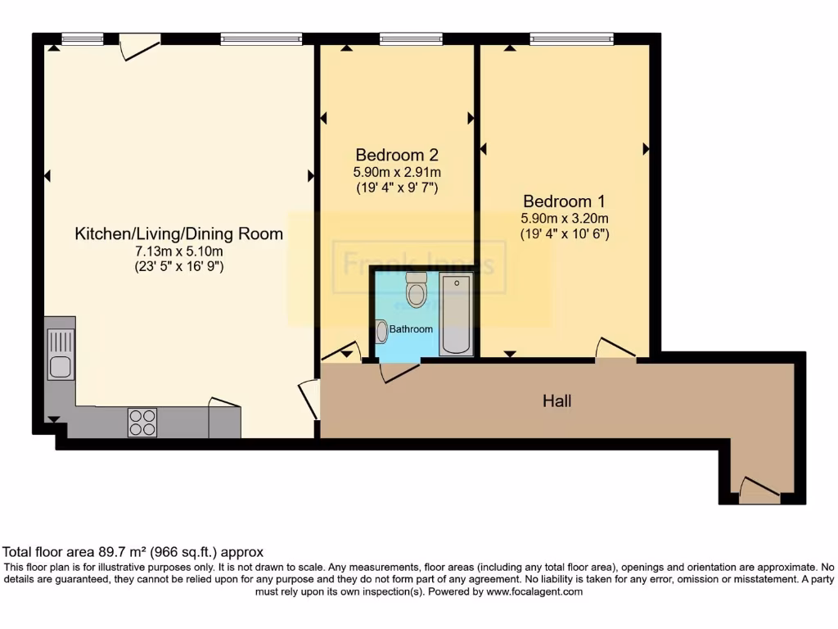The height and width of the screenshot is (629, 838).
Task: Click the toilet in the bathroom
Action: pos(417,292)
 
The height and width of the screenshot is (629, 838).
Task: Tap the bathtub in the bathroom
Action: pos(456,315)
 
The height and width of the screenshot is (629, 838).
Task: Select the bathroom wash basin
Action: pos(382,330)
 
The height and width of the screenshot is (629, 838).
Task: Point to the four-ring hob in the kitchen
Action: pos(142,422)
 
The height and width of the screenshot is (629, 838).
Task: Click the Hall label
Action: pos(557,401)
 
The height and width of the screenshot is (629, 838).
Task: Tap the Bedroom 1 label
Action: pos(564,201)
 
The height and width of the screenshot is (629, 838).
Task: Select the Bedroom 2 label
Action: pos(397,156)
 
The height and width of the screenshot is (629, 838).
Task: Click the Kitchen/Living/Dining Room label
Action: pos(179,234)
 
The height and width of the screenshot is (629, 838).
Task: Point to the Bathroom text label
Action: pos(411,329)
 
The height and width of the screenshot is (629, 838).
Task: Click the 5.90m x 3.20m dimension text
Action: pos(565,219)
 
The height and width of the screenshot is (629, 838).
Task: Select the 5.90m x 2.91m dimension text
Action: pos(397,172)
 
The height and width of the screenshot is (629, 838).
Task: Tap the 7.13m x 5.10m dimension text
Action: pos(179,251)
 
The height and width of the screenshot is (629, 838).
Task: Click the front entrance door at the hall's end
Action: pos(759,491)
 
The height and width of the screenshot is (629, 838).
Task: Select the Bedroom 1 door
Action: pos(615,350)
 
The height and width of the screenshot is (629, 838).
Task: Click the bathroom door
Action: pos(400,371)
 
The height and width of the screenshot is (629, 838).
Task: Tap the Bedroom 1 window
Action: pos(571,38)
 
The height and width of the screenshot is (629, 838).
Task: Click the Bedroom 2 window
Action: pos(411,38)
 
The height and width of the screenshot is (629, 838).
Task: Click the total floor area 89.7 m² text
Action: pos(133,552)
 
